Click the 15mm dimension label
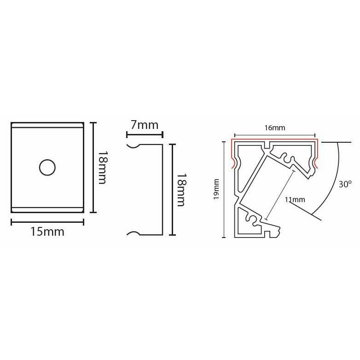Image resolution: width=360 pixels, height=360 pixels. coord(47,232)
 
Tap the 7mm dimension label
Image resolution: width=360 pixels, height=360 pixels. coord(145,125)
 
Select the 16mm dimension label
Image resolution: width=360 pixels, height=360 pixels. coord(275,128)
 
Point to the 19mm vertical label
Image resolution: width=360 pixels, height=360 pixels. coord(216,189)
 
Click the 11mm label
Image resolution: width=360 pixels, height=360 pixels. coord(295,199)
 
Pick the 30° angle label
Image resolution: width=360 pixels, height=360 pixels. coord(345,184)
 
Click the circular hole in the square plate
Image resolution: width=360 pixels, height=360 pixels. coord(47,168)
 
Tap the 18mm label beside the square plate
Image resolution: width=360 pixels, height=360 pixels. coord(102,168)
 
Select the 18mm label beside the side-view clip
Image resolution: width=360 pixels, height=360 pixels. coord(181,190)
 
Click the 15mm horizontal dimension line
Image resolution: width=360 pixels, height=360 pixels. coord(47,222)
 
